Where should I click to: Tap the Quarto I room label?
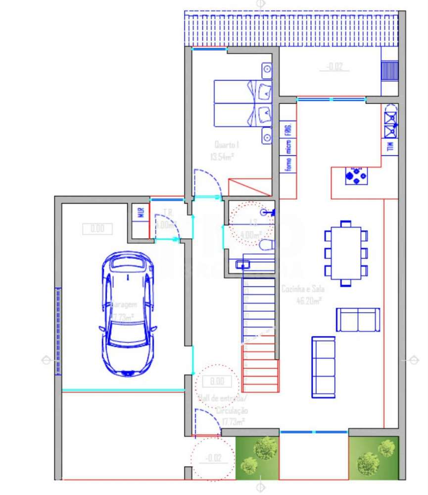(227, 145)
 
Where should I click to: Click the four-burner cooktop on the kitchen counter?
(356, 175)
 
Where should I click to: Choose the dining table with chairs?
(346, 253)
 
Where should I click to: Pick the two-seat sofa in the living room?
(358, 320)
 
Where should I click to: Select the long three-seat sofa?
(323, 367)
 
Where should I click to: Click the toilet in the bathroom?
(266, 245)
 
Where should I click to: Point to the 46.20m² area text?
(309, 300)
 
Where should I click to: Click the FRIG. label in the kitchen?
(287, 130)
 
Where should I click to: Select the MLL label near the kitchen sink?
(389, 147)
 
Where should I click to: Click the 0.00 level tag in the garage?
(97, 228)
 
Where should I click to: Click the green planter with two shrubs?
(374, 458)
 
